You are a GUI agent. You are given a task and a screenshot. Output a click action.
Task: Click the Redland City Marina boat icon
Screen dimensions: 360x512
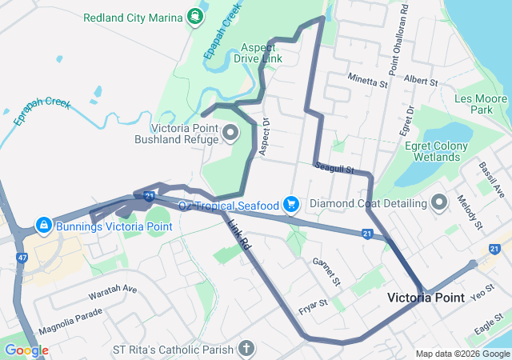pyautogui.click(x=194, y=15)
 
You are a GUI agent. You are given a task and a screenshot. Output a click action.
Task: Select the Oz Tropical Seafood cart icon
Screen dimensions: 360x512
pyautogui.click(x=290, y=206)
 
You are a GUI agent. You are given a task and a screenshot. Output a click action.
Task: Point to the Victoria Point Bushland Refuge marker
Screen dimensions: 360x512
pyautogui.click(x=230, y=133)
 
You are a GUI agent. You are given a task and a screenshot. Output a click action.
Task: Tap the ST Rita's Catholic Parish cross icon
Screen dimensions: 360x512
pyautogui.click(x=246, y=350)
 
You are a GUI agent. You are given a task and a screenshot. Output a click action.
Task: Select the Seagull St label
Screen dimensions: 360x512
pyautogui.click(x=334, y=168)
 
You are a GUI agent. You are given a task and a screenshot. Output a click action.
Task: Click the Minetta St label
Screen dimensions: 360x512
pyautogui.click(x=367, y=80)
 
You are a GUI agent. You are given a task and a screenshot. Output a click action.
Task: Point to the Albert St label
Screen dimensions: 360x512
pyautogui.click(x=421, y=81)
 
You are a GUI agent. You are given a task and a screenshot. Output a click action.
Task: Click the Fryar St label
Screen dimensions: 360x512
pyautogui.click(x=313, y=304)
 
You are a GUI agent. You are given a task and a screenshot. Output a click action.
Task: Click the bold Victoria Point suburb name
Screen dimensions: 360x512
pyautogui.click(x=425, y=298)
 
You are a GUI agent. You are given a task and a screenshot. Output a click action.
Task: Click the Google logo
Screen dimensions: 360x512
pyautogui.click(x=26, y=350)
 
